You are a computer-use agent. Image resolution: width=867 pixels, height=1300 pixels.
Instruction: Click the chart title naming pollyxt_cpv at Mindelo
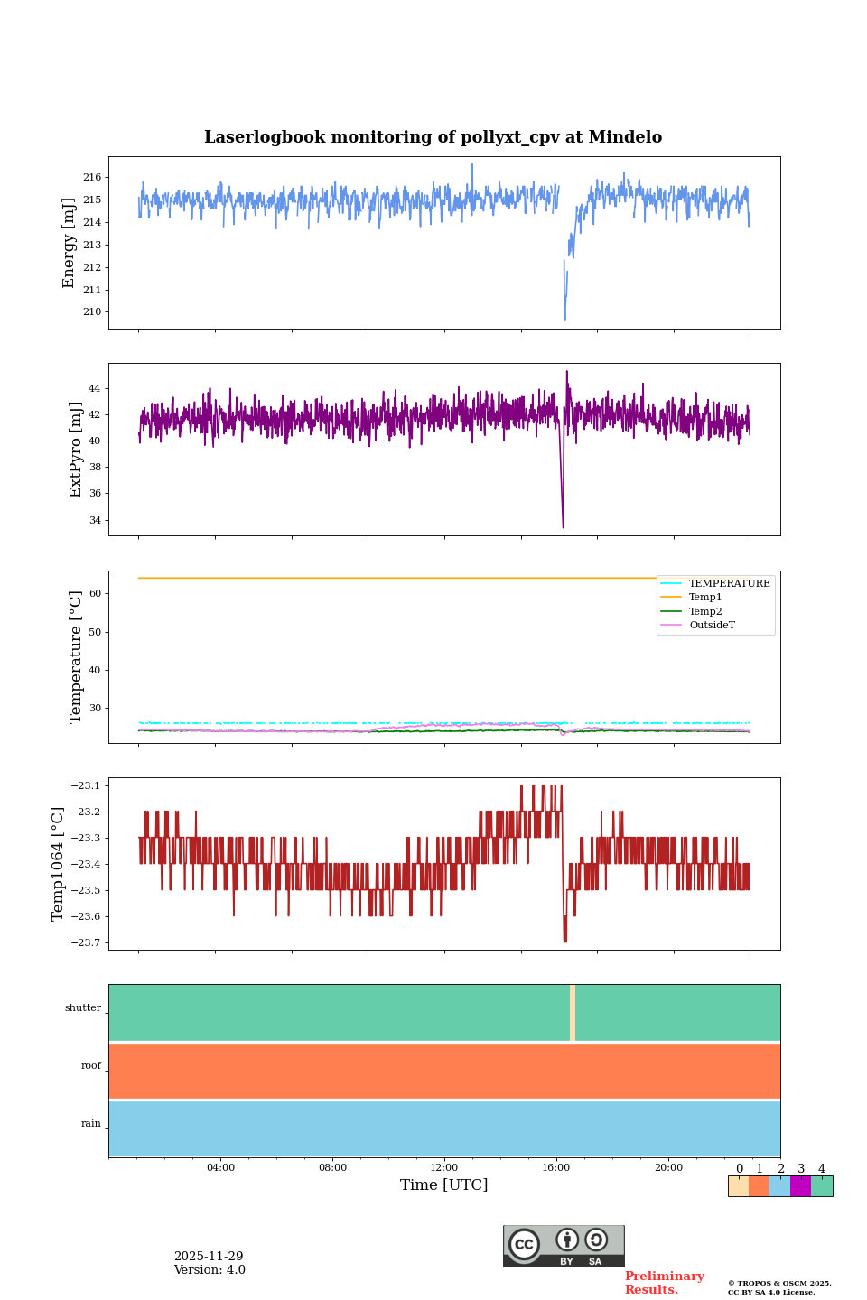[x=433, y=137]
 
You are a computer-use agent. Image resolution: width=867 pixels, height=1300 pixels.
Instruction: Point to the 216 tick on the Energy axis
[x=93, y=177]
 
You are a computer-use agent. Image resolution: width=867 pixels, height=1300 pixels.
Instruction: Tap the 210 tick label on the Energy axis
[x=93, y=312]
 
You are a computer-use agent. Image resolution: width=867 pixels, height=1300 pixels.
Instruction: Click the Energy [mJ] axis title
[x=69, y=243]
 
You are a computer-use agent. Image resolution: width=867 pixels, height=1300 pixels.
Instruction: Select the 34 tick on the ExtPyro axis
[x=94, y=520]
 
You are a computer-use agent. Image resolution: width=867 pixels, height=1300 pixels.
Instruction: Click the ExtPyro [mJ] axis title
[x=76, y=450]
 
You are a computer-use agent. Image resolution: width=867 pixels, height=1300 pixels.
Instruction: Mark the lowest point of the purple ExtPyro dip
[x=563, y=526]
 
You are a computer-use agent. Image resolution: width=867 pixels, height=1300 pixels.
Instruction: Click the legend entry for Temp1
[x=705, y=598]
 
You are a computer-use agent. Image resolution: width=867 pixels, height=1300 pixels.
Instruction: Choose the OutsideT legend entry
[x=712, y=626]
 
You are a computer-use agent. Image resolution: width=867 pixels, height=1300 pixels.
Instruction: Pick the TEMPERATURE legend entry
[x=729, y=584]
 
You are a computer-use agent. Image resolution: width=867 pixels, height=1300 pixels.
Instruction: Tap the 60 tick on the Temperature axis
[x=94, y=594]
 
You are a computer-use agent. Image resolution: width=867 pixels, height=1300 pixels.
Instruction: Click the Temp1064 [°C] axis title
[x=58, y=864]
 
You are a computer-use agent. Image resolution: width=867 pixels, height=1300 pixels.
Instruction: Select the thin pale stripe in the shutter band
[x=573, y=1013]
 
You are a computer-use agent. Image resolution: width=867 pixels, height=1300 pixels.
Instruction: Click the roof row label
[x=91, y=1066]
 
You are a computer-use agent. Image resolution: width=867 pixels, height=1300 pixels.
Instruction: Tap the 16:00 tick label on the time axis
[x=556, y=1168]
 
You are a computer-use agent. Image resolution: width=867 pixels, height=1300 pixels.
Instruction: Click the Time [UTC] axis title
[x=443, y=1185]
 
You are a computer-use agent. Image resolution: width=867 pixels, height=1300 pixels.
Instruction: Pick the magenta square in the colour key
[x=800, y=1186]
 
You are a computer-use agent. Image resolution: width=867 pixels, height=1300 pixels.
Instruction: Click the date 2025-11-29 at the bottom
[x=209, y=1257]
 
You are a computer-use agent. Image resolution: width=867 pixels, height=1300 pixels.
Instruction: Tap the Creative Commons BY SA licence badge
[x=564, y=1246]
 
